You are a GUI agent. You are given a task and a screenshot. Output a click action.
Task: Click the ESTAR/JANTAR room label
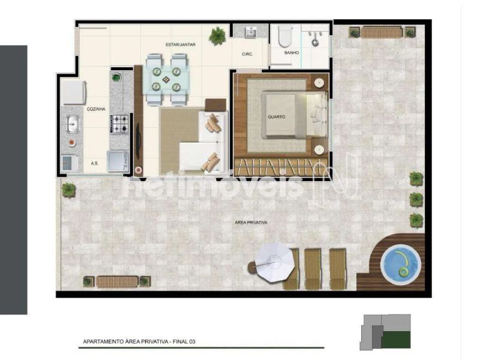coord(181,44)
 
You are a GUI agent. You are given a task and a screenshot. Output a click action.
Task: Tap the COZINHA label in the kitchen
coord(96,109)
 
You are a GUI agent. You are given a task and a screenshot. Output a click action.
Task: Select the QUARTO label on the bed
coord(276,117)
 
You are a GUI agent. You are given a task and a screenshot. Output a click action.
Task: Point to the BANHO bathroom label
coord(292,53)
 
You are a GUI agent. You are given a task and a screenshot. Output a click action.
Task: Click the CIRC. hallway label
coord(247,54)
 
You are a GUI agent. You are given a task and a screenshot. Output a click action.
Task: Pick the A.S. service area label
coord(95,163)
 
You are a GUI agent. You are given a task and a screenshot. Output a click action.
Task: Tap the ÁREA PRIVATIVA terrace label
coord(251,223)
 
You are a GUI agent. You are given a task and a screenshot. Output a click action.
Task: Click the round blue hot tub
coord(401,265)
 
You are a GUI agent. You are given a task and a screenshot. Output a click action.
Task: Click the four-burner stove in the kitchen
coord(119,124)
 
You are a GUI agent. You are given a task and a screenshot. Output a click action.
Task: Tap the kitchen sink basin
coord(73,124)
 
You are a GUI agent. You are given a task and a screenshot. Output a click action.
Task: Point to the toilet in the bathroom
coord(285,36)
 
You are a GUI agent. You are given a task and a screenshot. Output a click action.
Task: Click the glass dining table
coord(166,80)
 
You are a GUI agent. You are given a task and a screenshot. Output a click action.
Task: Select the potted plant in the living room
coord(218,36)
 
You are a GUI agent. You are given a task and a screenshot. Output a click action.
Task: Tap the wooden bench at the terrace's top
coord(382,32)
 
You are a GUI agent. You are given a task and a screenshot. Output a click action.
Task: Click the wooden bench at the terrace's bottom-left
coord(117,281)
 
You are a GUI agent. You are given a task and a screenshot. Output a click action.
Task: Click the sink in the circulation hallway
coord(251,31)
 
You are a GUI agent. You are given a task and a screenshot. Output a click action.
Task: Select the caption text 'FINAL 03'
coord(184,341)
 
